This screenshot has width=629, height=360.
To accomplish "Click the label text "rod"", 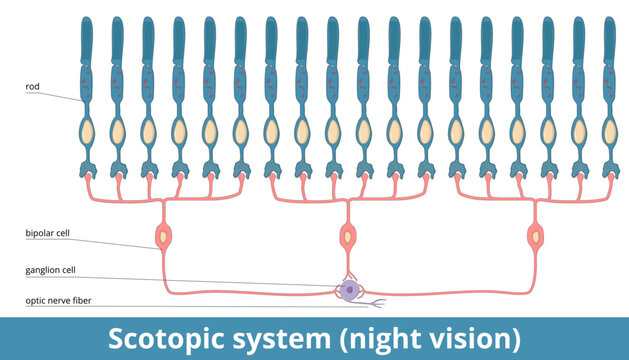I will pos(32,87).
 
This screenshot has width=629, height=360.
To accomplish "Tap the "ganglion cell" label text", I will pos(50,270).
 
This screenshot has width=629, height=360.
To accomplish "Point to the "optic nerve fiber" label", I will pos(56,299).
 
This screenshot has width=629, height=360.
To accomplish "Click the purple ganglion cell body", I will pos(349,290).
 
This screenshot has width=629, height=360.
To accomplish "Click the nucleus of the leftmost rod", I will pos(86,131).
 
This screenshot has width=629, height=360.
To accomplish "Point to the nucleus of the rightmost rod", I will pos(609,131).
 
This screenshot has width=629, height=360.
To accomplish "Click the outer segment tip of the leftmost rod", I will pos(86,22).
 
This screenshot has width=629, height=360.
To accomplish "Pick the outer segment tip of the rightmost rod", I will pos(609,22).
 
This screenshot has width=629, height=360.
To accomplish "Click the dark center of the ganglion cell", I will pos(349,290).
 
